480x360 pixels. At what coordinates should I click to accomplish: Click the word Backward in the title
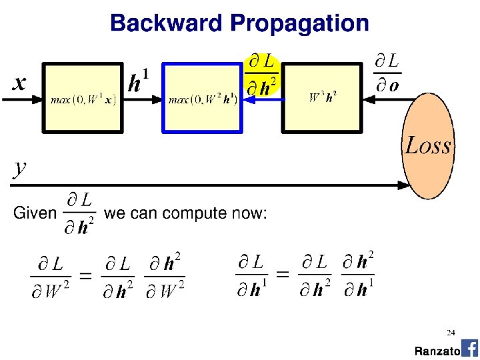[166, 24]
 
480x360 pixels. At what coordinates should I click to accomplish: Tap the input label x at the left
[20, 83]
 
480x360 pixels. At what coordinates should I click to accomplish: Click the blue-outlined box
[203, 99]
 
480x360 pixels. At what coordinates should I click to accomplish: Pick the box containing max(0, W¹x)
[83, 98]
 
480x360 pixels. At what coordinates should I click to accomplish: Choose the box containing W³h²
[323, 98]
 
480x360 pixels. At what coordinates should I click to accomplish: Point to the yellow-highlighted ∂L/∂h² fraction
[262, 75]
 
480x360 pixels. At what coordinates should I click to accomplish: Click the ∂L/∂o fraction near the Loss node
[387, 74]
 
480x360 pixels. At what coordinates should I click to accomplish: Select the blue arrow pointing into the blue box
[263, 99]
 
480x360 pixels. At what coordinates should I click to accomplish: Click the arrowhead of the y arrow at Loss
[405, 185]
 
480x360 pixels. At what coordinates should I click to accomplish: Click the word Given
[35, 214]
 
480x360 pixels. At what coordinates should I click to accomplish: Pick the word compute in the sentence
[189, 214]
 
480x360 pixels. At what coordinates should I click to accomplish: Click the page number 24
[451, 332]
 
